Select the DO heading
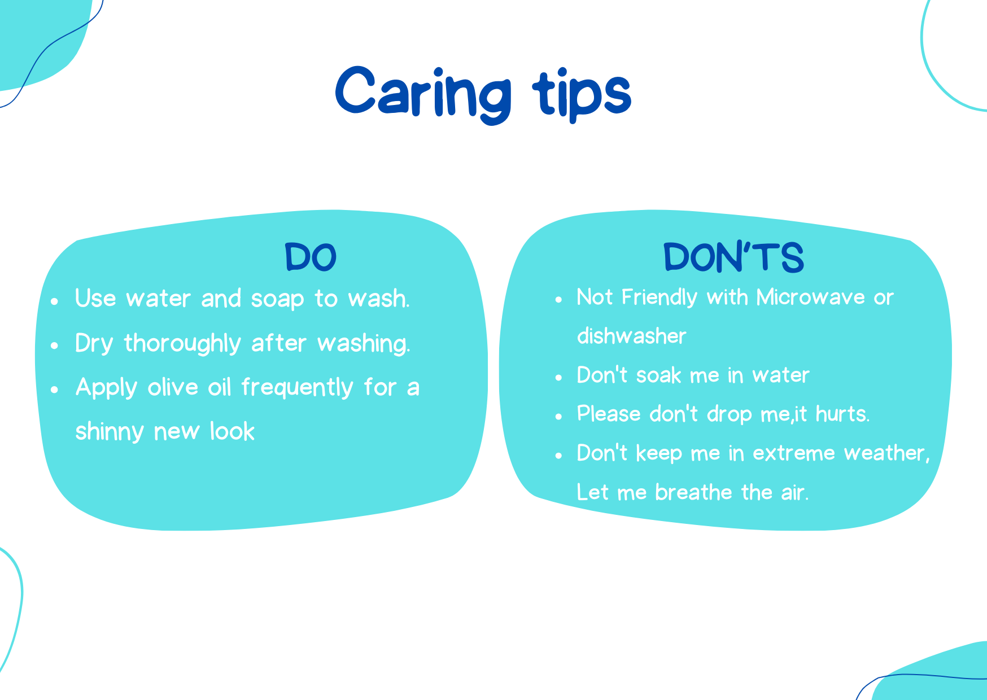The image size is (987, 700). coord(311,257)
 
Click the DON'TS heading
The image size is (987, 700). coord(733,257)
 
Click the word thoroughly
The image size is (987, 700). coord(182,344)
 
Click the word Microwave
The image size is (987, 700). coord(810,297)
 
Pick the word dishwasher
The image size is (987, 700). coord(631,336)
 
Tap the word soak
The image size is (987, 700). coord(658,375)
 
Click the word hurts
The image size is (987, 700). coord(842,414)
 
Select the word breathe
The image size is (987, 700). coord(693,492)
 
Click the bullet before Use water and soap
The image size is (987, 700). coord(54,301)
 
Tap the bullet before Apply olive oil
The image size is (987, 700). coord(54,390)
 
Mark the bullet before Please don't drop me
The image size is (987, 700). coord(558,417)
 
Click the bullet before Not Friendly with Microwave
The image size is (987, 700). coord(558,299)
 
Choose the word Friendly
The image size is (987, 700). coord(659,297)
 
